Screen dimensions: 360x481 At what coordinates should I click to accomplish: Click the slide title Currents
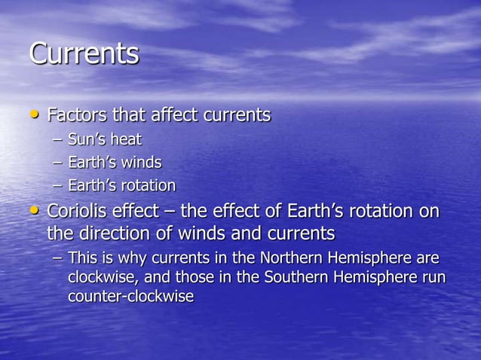[x=84, y=54]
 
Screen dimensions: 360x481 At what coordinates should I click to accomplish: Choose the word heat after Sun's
[x=127, y=139]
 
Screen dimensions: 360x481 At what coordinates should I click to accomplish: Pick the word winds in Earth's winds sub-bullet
[x=143, y=163]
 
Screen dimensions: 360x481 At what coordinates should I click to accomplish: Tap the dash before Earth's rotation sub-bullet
[x=58, y=186]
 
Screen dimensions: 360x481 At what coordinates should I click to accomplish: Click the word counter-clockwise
[x=130, y=297]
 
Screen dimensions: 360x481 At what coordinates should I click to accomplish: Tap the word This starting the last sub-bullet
[x=81, y=258]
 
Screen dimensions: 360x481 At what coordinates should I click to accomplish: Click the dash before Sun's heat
[x=58, y=140]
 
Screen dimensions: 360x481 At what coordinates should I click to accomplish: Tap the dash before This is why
[x=58, y=259]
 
